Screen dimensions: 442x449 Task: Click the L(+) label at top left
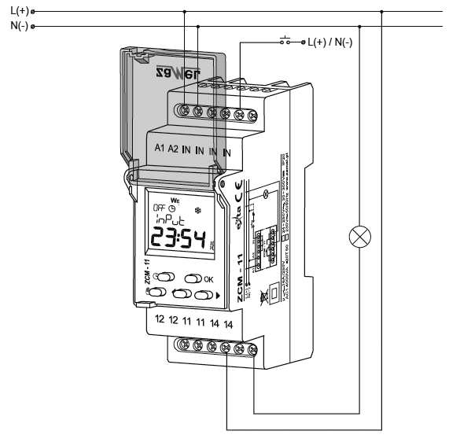[17, 11]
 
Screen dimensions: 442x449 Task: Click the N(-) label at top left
[17, 25]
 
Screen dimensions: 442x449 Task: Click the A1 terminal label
[159, 149]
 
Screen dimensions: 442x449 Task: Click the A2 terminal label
[174, 149]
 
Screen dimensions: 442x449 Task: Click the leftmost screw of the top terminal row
[184, 110]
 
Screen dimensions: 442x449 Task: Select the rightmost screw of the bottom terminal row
[252, 348]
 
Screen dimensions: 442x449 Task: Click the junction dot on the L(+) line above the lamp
[382, 11]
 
